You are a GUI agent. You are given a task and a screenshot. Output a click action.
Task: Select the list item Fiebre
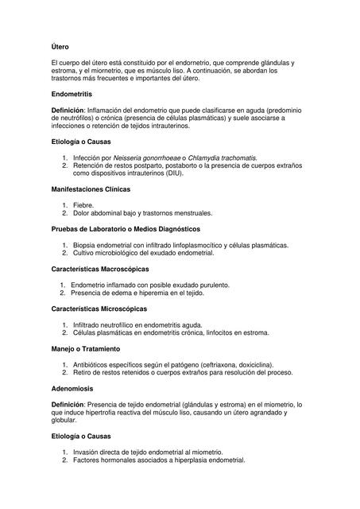[83, 205]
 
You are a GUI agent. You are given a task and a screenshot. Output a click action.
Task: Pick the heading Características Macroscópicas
[99, 269]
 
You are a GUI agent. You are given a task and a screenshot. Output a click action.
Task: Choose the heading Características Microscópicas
[99, 308]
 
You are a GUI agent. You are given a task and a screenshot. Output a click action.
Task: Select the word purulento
[211, 285]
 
